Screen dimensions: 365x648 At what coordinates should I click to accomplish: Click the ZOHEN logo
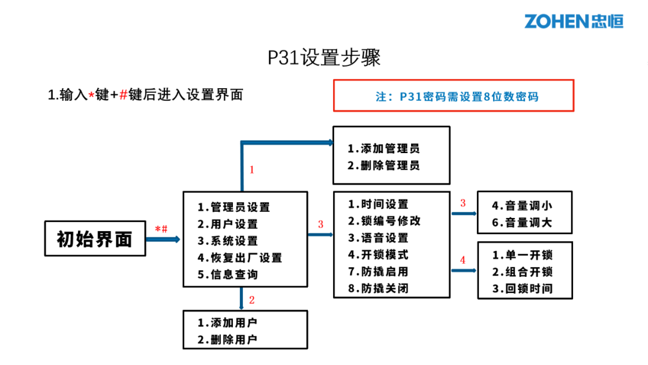pyautogui.click(x=574, y=21)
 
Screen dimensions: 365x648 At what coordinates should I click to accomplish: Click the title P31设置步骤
pyautogui.click(x=324, y=58)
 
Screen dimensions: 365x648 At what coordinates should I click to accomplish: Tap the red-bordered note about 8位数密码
pyautogui.click(x=453, y=96)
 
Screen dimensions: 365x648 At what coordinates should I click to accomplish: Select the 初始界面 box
pyautogui.click(x=95, y=239)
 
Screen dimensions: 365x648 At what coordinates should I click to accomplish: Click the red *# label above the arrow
pyautogui.click(x=161, y=229)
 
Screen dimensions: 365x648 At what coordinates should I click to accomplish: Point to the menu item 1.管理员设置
pyautogui.click(x=234, y=207)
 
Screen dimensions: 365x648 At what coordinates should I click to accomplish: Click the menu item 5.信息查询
pyautogui.click(x=228, y=274)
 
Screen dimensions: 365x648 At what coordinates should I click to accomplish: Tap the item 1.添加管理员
pyautogui.click(x=383, y=148)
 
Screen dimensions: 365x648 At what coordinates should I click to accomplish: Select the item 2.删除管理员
pyautogui.click(x=383, y=165)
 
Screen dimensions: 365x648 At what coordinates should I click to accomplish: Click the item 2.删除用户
pyautogui.click(x=228, y=339)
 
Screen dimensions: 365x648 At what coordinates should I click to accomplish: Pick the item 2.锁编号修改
pyautogui.click(x=385, y=221)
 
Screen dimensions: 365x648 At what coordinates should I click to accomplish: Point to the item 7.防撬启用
pyautogui.click(x=379, y=271)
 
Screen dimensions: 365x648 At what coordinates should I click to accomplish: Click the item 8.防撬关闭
pyautogui.click(x=379, y=288)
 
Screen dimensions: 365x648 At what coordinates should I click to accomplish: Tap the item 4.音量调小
pyautogui.click(x=522, y=205)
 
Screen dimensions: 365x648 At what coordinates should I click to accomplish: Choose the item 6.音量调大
pyautogui.click(x=522, y=222)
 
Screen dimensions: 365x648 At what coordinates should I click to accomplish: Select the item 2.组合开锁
pyautogui.click(x=523, y=271)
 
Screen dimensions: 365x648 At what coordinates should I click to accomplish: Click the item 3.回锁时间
pyautogui.click(x=523, y=288)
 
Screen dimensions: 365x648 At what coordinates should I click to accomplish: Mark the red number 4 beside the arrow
pyautogui.click(x=463, y=261)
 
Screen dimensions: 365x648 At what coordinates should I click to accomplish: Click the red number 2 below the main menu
pyautogui.click(x=252, y=300)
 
